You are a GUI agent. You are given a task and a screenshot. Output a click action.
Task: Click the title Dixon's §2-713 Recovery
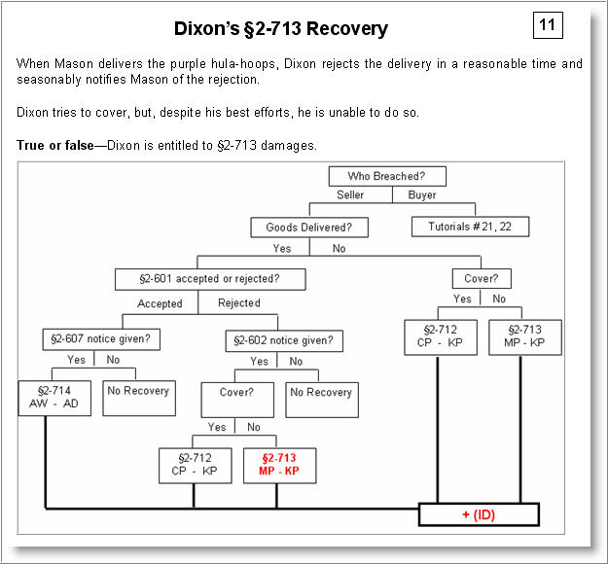280,28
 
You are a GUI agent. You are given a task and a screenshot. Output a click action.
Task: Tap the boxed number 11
548,24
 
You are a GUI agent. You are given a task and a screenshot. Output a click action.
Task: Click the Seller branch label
350,195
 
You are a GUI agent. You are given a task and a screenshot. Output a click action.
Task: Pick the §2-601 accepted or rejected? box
210,279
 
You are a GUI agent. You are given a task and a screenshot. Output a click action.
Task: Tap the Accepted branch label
160,303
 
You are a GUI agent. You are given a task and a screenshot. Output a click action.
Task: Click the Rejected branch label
238,303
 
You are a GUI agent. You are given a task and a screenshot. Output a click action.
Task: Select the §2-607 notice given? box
101,340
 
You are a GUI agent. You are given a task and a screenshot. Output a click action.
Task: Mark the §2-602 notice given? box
285,340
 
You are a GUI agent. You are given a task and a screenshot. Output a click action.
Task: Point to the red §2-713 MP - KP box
279,464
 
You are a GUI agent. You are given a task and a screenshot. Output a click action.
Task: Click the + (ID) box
478,514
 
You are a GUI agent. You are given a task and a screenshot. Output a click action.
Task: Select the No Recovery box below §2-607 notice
137,392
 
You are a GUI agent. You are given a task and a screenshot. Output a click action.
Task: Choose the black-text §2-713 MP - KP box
524,336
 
